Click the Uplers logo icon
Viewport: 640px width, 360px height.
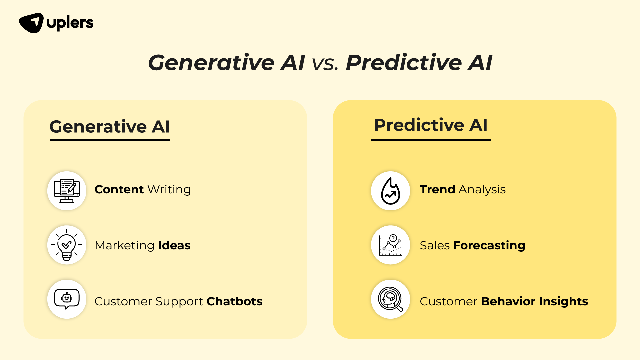click(31, 23)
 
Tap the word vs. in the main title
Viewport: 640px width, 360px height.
click(325, 63)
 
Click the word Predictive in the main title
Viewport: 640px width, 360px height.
click(404, 62)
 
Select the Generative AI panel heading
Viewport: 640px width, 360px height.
click(110, 127)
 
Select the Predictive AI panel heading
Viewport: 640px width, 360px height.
click(431, 125)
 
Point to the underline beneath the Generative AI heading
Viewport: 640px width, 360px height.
click(110, 140)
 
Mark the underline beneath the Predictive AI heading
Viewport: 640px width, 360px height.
click(431, 140)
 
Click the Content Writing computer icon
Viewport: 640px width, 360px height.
click(67, 191)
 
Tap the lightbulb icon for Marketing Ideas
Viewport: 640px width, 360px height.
click(67, 245)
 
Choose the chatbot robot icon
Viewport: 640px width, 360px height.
click(67, 299)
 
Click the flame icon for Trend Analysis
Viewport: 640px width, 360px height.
click(390, 191)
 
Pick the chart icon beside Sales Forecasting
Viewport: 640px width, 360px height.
click(390, 245)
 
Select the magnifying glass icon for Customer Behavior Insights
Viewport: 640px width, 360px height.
click(390, 299)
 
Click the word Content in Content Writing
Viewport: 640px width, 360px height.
click(119, 189)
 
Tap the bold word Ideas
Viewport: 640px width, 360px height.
click(174, 245)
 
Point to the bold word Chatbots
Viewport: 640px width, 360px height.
click(234, 301)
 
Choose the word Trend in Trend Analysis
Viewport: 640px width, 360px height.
click(437, 189)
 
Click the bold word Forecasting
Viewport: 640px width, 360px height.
click(489, 246)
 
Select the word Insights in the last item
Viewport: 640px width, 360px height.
click(563, 302)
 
